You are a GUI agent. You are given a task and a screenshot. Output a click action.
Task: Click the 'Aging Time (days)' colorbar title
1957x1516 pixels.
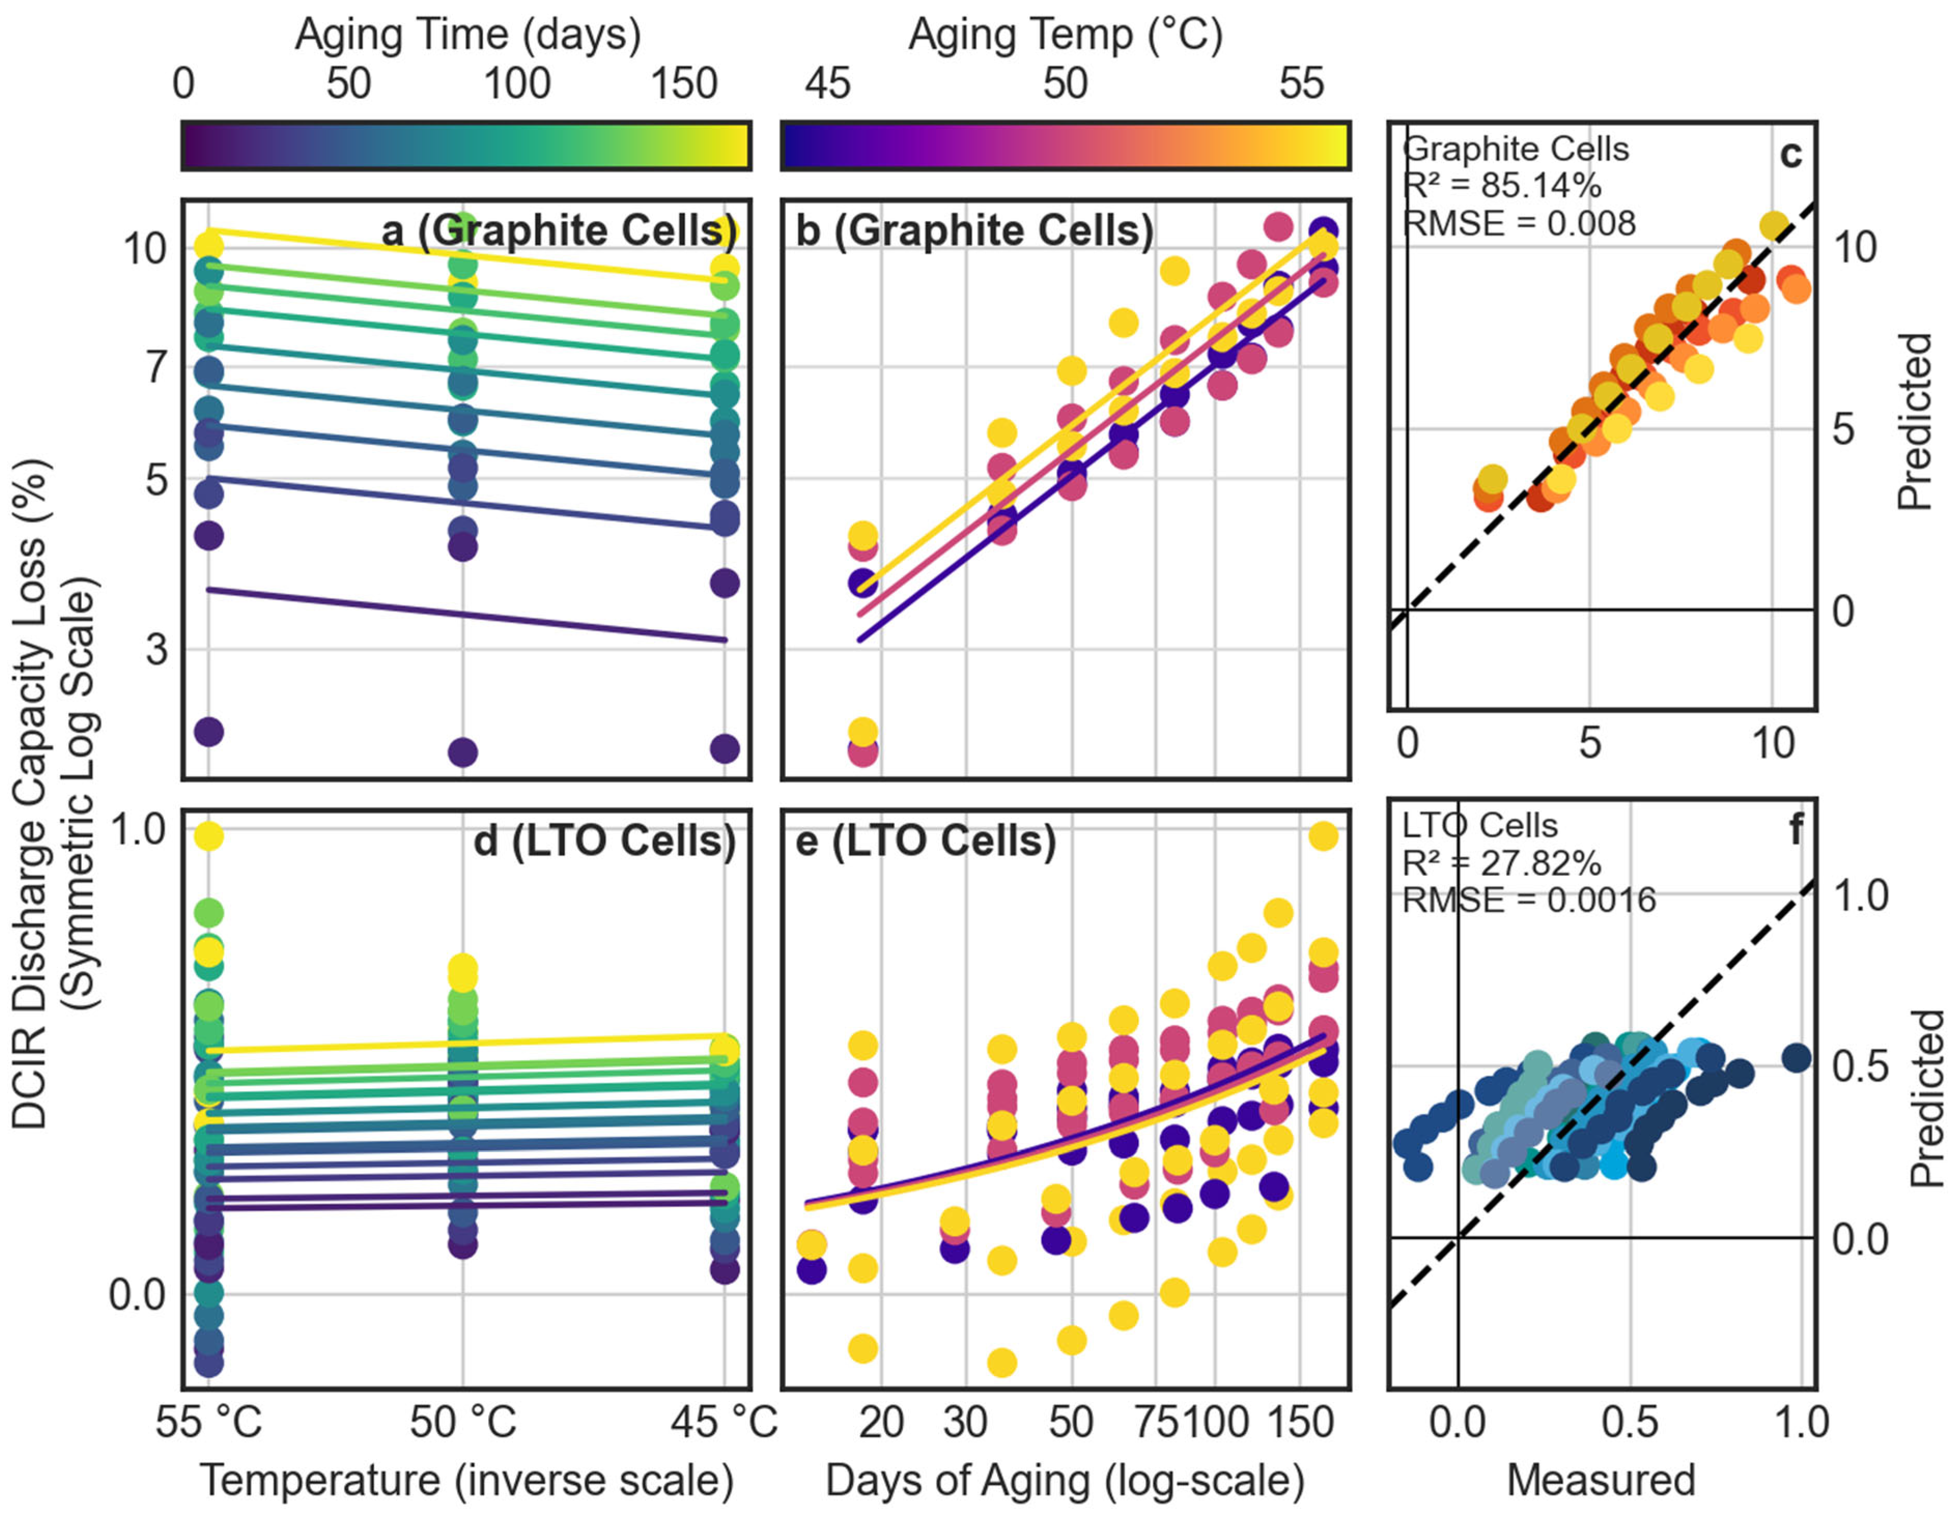(468, 36)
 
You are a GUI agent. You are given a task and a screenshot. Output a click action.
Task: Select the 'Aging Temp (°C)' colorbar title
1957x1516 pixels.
(1066, 36)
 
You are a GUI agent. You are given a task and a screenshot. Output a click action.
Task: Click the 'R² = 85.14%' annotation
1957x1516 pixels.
(1502, 185)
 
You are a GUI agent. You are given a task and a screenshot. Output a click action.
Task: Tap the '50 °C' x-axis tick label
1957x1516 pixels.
(463, 1422)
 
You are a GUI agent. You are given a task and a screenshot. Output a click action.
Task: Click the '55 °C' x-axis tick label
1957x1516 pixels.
(209, 1422)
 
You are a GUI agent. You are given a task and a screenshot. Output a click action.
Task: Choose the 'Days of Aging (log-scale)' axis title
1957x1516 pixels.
(1065, 1480)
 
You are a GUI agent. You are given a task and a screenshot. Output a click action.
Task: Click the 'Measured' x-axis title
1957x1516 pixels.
(1601, 1480)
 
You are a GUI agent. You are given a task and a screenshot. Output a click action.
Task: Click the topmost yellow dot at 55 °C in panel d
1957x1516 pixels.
(209, 836)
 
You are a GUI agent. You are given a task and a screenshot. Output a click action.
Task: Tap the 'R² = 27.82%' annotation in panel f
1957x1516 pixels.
(1502, 863)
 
